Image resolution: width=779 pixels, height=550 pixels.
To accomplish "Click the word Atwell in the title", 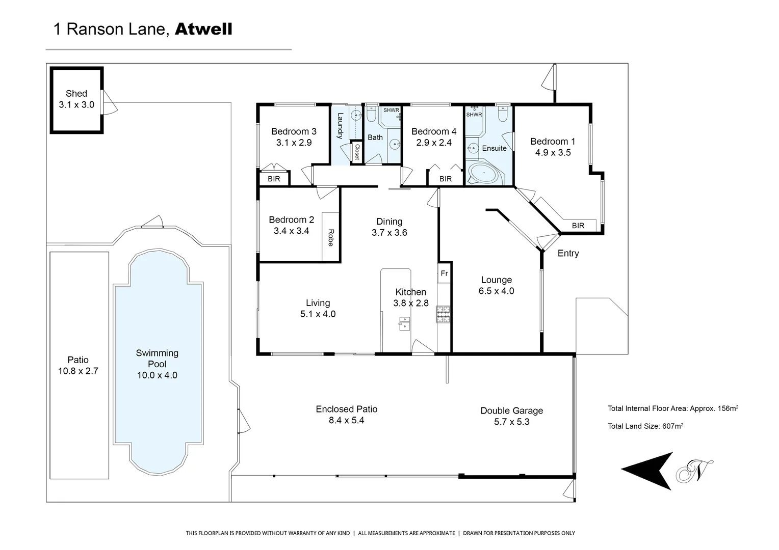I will [x=203, y=29].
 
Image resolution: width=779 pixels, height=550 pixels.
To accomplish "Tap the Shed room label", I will [x=76, y=93].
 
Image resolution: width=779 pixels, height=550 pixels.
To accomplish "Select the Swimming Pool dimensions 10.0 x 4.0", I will [x=157, y=375].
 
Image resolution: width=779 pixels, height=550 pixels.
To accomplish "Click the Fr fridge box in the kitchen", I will [x=444, y=273].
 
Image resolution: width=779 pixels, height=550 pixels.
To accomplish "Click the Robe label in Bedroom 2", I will [x=330, y=237].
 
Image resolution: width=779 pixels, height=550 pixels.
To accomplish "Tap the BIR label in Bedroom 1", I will [x=578, y=226].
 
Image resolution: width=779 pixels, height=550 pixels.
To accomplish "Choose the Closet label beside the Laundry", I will [x=357, y=152].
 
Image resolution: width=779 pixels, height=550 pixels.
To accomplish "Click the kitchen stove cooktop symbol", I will [x=443, y=314].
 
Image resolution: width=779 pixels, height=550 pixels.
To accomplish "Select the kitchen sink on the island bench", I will [x=404, y=323].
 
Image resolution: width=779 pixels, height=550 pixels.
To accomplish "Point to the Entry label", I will [x=568, y=253].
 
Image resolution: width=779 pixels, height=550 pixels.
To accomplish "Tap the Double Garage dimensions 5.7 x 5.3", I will [x=511, y=422].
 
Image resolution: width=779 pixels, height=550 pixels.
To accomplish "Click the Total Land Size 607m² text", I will [x=645, y=426].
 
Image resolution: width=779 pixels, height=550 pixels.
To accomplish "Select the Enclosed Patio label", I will [x=346, y=409].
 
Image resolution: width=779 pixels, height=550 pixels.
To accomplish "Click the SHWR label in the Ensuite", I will [x=474, y=115].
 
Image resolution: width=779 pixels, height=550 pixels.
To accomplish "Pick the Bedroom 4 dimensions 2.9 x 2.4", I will [x=434, y=143].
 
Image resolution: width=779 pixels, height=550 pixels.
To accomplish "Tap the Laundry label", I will [x=340, y=126].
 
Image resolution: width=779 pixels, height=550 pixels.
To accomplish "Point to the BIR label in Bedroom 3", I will [x=274, y=179].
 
